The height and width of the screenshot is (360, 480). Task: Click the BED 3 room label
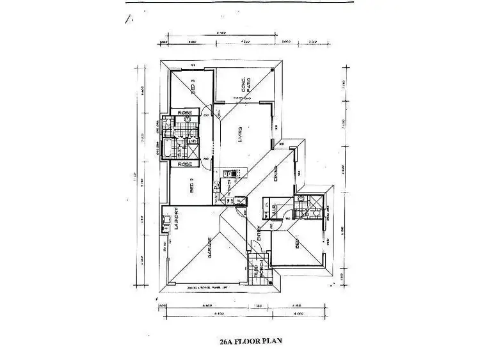point(193,86)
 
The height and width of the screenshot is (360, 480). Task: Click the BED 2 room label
point(192,185)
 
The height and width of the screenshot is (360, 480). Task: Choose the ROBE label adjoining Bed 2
point(185,164)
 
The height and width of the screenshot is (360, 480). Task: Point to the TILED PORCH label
point(259,272)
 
